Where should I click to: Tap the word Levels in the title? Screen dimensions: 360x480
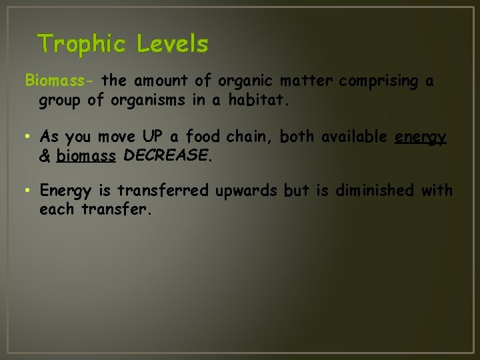coord(173,45)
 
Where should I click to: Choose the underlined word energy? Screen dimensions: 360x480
coord(420,137)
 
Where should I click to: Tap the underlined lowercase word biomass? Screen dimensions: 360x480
coord(87,157)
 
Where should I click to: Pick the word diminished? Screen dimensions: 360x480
coord(374,191)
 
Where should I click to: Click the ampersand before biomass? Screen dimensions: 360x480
coord(45,157)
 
